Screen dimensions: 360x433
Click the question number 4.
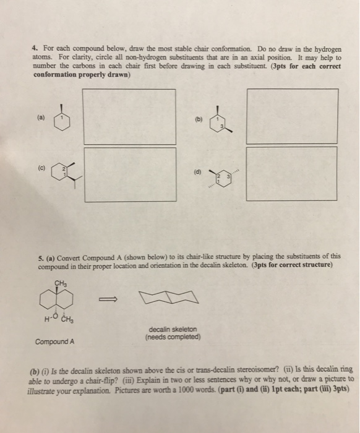pyautogui.click(x=35, y=48)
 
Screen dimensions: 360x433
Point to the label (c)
pyautogui.click(x=41, y=165)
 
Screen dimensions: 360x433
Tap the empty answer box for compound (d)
pyautogui.click(x=291, y=173)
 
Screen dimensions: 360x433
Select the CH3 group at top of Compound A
pyautogui.click(x=60, y=283)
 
